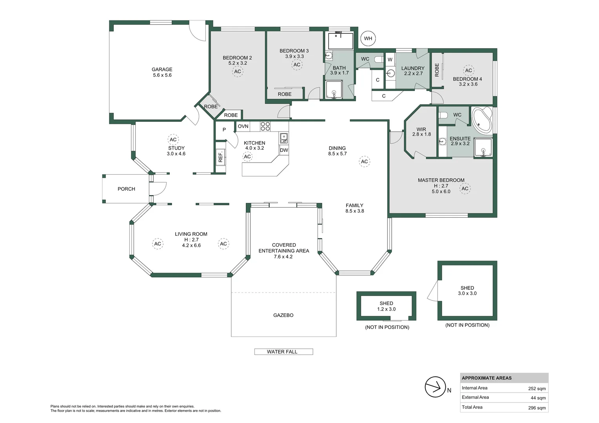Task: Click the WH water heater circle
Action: click(x=368, y=38)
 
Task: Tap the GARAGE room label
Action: click(x=162, y=69)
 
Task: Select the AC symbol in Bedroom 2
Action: click(x=238, y=72)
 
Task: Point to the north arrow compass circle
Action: click(x=435, y=387)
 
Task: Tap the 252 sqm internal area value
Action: click(x=537, y=389)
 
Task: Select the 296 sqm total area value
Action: click(x=537, y=408)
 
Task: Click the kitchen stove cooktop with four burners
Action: click(x=265, y=126)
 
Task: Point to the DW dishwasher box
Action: click(x=284, y=150)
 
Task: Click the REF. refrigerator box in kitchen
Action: click(x=220, y=157)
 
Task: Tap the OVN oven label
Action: click(x=243, y=126)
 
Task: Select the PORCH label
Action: click(x=126, y=189)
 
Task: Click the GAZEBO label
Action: click(x=283, y=315)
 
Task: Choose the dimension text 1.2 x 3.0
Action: click(x=386, y=309)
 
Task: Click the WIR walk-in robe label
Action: click(x=421, y=129)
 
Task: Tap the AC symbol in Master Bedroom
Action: click(x=465, y=189)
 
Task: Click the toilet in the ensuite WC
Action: click(x=443, y=115)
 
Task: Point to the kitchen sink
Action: click(x=283, y=138)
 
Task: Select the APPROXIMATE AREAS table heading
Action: click(x=486, y=378)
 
